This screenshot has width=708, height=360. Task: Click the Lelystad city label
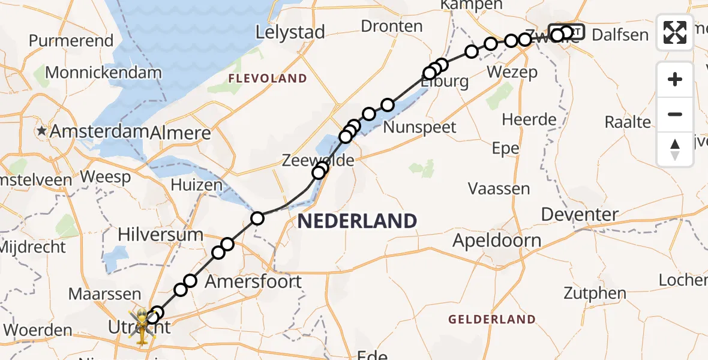coord(290,32)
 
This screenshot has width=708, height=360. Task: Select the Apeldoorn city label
coord(497,241)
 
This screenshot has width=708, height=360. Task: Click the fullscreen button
coord(675,32)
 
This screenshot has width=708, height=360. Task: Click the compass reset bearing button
coord(675,149)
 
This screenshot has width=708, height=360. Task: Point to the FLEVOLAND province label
coord(267,79)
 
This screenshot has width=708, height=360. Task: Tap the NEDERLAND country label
coord(357,221)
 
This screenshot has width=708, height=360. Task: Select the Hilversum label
coord(160,234)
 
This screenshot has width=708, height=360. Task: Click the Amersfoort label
coord(254,281)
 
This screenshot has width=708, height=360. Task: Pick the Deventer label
coord(580,214)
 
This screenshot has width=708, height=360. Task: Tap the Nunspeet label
coord(419,127)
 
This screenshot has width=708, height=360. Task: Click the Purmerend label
coord(71,41)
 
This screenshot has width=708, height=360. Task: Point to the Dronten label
coord(392,26)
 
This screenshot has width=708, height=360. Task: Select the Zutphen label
coord(595,293)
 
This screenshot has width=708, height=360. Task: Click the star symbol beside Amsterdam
coord(42,131)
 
